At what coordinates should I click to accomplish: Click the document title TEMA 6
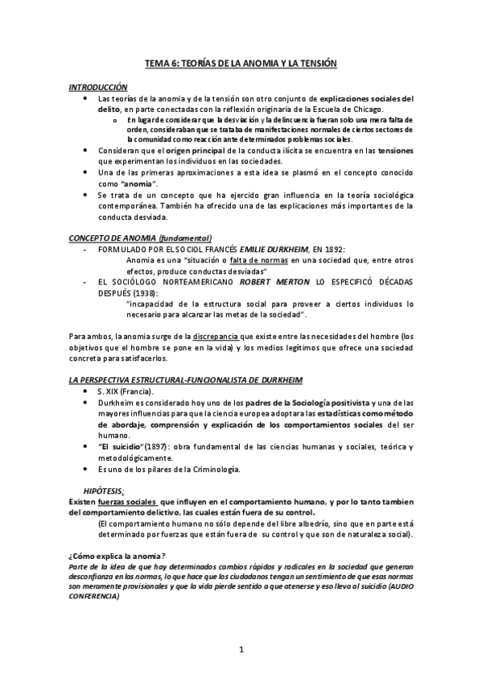[240, 62]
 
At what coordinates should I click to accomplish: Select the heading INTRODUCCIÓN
[98, 86]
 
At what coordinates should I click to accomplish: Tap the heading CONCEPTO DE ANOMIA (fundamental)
[140, 238]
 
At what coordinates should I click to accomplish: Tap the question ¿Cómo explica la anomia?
[117, 557]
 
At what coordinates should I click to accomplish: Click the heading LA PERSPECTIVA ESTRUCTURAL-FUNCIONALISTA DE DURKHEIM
[174, 378]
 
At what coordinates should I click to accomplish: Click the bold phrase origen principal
[198, 151]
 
